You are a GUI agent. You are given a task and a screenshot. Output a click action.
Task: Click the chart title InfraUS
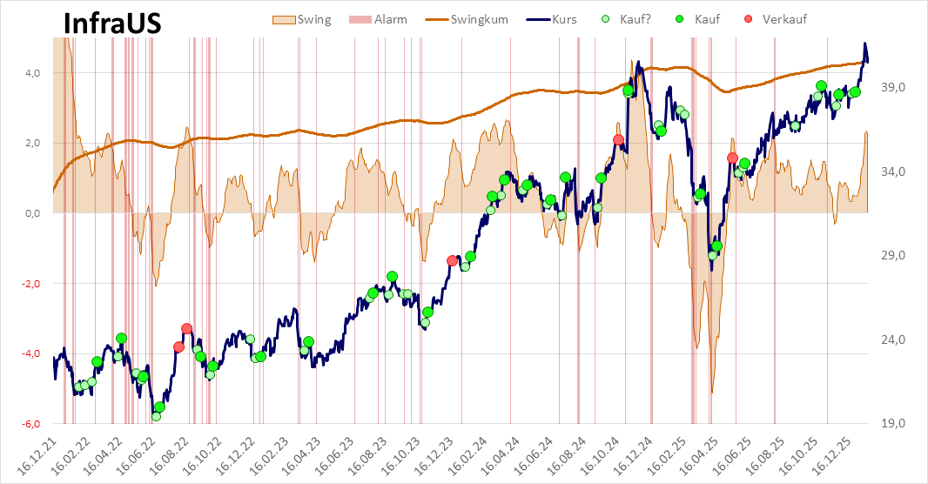pyautogui.click(x=112, y=24)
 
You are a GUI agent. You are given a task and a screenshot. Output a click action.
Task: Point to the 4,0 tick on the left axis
pyautogui.click(x=31, y=73)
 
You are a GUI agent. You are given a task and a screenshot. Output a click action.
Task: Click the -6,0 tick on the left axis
pyautogui.click(x=30, y=424)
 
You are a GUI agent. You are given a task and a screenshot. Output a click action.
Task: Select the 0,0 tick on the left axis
pyautogui.click(x=31, y=213)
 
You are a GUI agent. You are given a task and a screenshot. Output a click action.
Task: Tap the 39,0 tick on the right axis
pyautogui.click(x=895, y=88)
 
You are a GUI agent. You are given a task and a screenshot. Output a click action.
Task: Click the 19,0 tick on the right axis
pyautogui.click(x=895, y=424)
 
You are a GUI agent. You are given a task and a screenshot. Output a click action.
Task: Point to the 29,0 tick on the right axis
pyautogui.click(x=895, y=256)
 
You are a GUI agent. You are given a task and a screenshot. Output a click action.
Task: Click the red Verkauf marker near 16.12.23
pyautogui.click(x=452, y=260)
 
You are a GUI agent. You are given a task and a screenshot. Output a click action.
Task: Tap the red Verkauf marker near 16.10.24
pyautogui.click(x=618, y=140)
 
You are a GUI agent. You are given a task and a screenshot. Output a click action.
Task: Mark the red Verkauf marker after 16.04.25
pyautogui.click(x=732, y=158)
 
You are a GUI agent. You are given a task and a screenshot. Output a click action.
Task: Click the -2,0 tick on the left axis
pyautogui.click(x=30, y=284)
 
